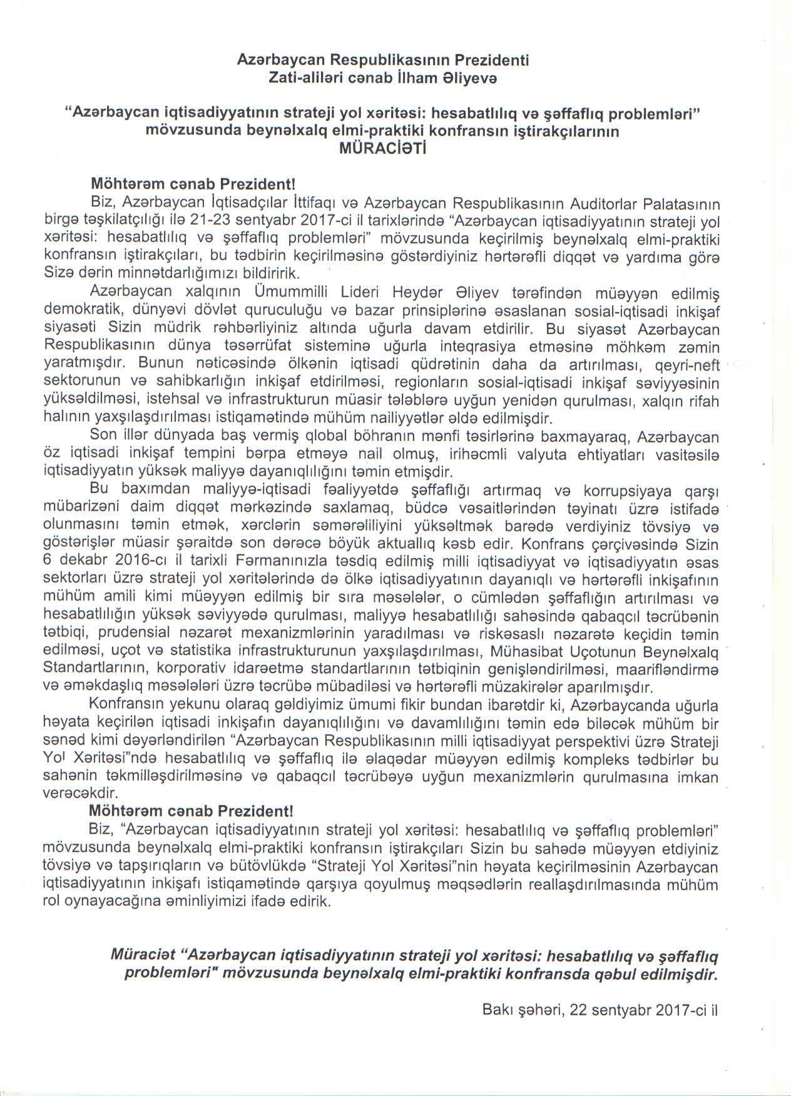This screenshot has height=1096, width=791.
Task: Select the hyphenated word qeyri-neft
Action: click(x=687, y=364)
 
